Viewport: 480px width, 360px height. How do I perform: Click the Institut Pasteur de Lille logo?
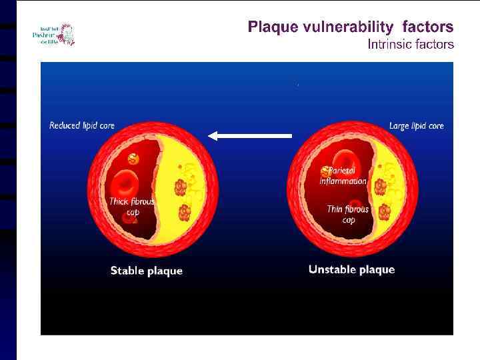[53, 34]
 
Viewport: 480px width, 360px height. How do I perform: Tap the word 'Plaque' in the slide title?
[273, 27]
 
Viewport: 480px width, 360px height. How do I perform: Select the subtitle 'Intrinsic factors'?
[411, 45]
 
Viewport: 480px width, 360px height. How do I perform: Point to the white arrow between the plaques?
[251, 135]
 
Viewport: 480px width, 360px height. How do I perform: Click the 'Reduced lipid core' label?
[82, 125]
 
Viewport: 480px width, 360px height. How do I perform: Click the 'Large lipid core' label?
[416, 125]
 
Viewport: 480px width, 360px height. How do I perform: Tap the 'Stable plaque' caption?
[146, 271]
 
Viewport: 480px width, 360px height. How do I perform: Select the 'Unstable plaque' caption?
[351, 269]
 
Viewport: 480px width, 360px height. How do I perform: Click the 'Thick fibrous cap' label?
[132, 207]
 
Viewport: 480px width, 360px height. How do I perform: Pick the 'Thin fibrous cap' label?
[348, 214]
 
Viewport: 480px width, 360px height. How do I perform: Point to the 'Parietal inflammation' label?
[344, 176]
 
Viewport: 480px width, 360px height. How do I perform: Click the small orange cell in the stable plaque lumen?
[133, 159]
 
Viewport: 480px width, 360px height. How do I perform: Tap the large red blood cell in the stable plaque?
[125, 183]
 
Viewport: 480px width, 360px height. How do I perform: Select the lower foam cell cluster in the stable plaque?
[185, 213]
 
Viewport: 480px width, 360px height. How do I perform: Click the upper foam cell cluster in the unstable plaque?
[381, 187]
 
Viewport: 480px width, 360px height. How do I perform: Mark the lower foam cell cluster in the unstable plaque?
[385, 212]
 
